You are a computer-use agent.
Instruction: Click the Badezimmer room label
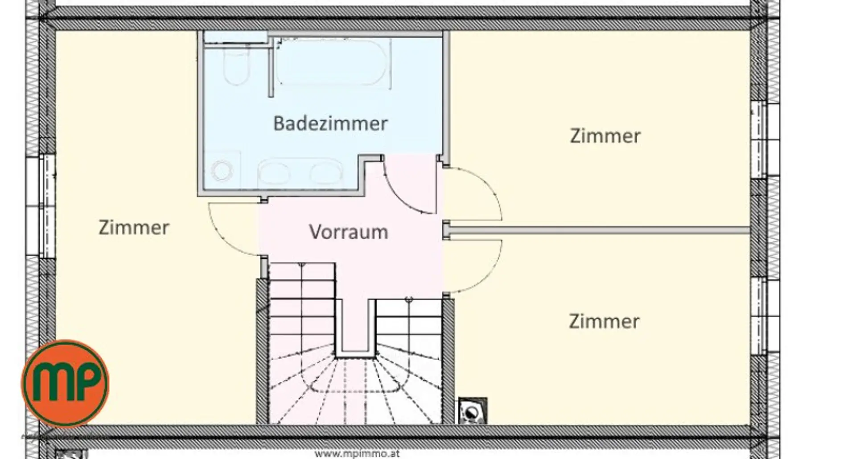(330, 123)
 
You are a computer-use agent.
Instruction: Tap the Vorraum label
(349, 232)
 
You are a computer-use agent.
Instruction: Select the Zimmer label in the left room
(134, 228)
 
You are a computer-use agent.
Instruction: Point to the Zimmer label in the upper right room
(605, 136)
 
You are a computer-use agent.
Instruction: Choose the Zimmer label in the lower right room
(604, 321)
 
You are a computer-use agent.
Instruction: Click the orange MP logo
(65, 384)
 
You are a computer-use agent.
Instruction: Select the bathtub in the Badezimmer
(333, 62)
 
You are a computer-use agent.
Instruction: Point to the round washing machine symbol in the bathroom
(222, 171)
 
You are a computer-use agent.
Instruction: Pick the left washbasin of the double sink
(274, 173)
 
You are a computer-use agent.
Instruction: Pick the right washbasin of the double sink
(326, 173)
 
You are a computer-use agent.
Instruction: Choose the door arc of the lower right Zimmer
(493, 272)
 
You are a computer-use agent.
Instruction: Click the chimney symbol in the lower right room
(473, 410)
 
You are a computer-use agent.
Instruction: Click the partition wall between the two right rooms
(597, 230)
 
